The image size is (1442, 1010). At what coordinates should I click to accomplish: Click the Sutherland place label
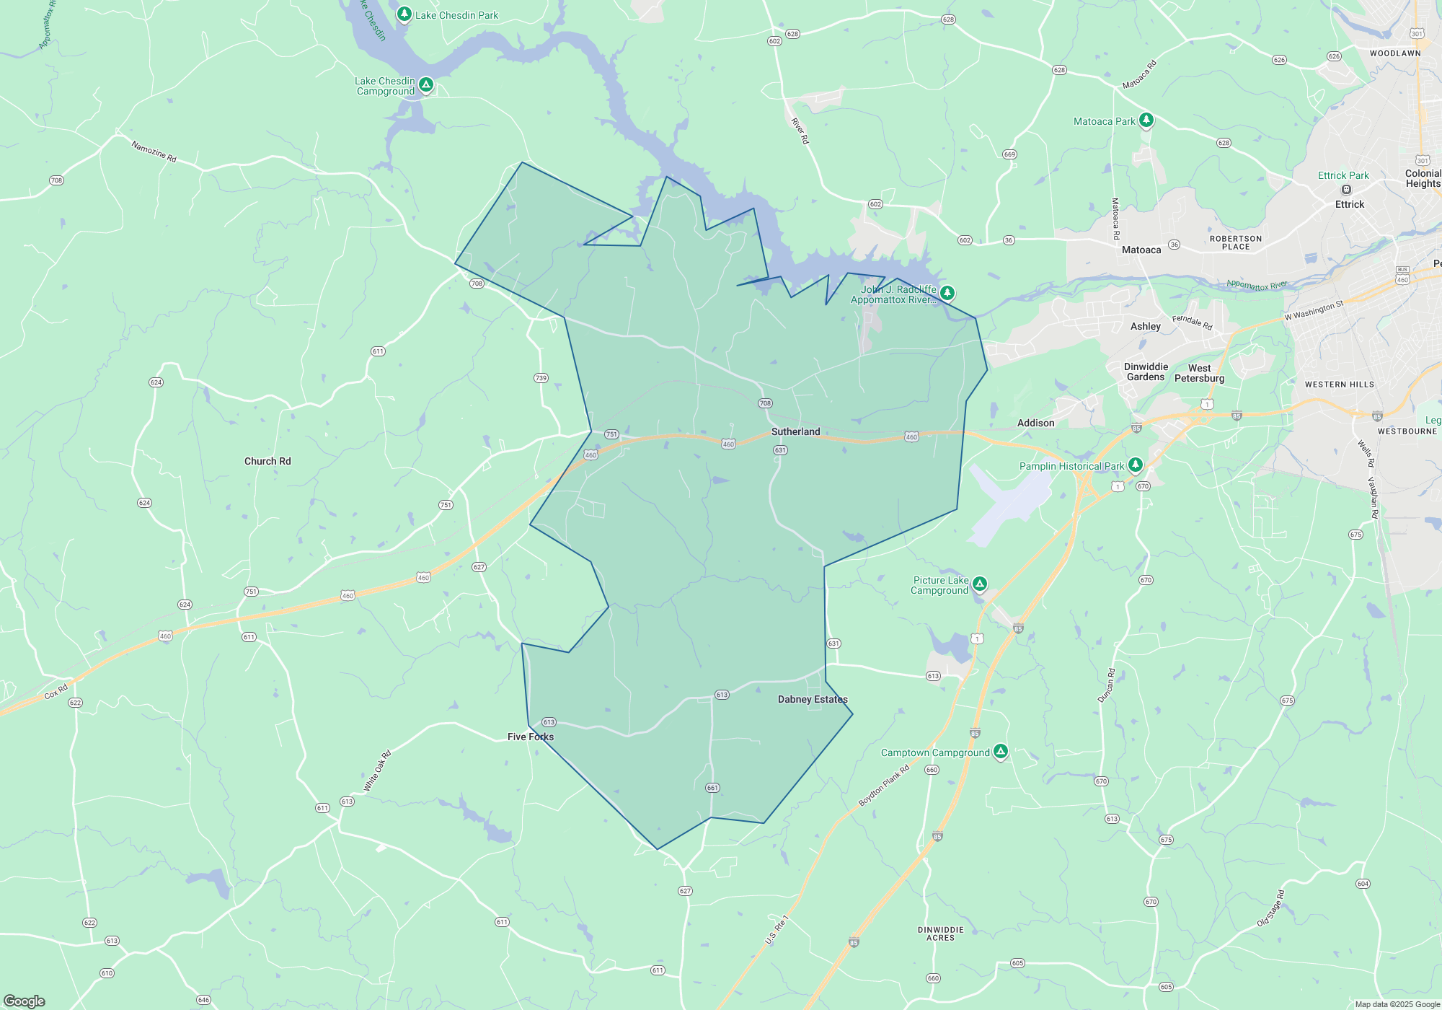pos(795,431)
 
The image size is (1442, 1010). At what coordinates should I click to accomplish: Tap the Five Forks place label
pos(530,737)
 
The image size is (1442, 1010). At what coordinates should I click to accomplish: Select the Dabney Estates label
pos(813,699)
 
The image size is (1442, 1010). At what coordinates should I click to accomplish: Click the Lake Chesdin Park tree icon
pos(404,14)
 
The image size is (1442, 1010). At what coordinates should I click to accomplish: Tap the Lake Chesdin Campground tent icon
pos(426,85)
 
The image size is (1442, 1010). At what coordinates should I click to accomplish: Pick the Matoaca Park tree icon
pos(1146,120)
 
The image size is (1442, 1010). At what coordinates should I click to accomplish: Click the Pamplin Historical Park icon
pos(1136,465)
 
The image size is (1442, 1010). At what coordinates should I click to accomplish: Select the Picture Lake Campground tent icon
pos(979,584)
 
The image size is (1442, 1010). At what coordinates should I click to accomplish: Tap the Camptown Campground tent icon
pos(1000,752)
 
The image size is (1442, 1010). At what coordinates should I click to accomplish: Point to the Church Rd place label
pos(267,461)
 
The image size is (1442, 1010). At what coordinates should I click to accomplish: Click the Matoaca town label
pos(1141,250)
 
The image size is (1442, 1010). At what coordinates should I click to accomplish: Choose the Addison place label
pos(1035,423)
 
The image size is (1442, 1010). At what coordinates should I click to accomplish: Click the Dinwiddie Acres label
pos(940,934)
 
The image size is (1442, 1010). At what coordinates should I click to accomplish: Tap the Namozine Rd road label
pos(154,151)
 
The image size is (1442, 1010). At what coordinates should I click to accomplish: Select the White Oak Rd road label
pos(377,771)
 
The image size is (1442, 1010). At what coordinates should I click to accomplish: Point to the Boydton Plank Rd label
pos(884,786)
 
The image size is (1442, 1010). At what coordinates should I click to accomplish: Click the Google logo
pos(24,1001)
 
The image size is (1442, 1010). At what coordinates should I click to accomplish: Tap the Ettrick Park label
pos(1343,175)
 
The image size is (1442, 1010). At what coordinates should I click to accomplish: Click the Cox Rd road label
pos(56,691)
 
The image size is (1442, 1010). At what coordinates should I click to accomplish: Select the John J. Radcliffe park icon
pos(947,292)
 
